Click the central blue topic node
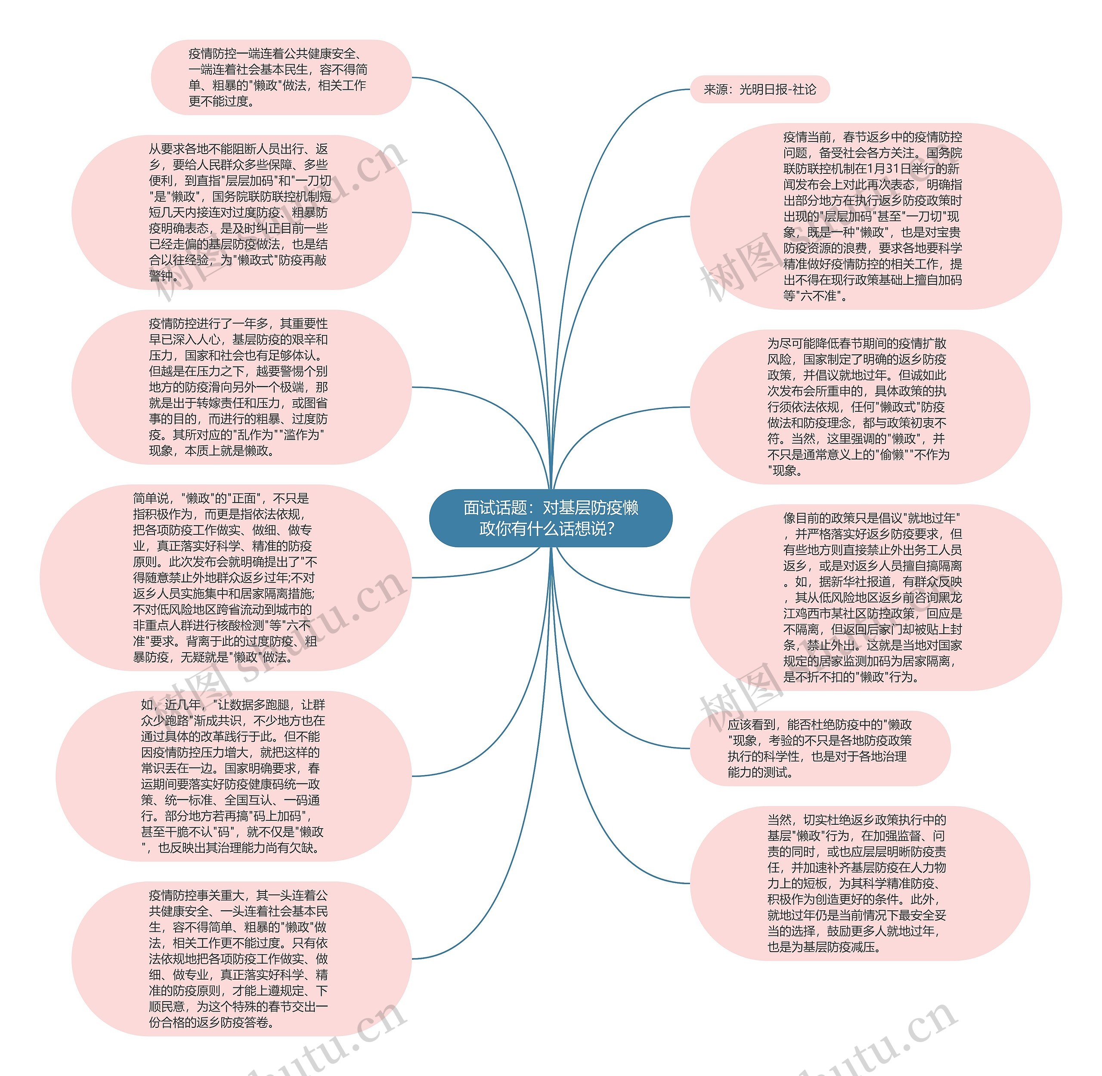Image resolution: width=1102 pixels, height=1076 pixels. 550,518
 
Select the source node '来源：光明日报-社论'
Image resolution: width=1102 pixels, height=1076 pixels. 759,89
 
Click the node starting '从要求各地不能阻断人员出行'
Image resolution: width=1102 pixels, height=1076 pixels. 241,213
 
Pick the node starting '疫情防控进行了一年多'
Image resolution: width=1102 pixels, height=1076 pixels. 241,387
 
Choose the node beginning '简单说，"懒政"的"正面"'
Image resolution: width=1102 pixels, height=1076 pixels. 226,577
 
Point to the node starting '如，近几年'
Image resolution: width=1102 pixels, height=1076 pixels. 233,776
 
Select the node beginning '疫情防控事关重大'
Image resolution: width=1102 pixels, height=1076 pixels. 241,959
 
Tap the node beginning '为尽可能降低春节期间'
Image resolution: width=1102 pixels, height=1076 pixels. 860,407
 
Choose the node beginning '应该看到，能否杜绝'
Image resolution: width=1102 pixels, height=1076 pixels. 820,748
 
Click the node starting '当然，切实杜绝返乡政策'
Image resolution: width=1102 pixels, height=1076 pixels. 860,883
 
